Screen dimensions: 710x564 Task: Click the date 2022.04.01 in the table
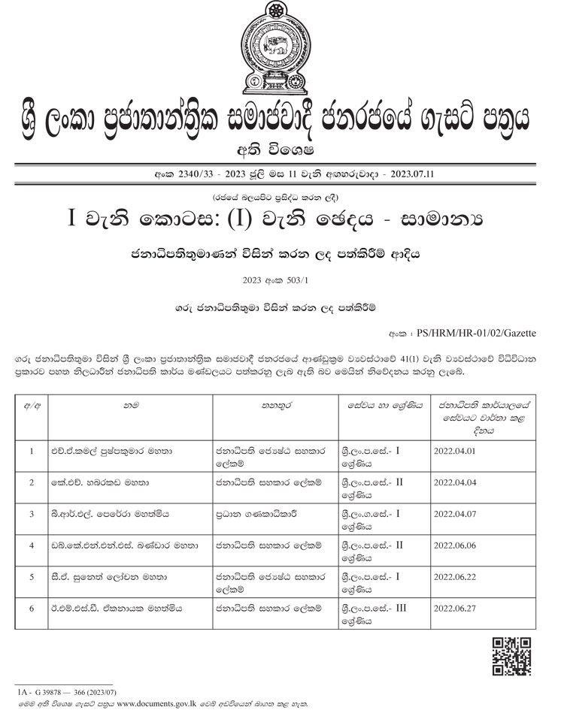pos(456,452)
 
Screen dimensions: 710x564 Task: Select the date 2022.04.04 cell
pos(456,482)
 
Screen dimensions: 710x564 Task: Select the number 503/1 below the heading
pos(292,279)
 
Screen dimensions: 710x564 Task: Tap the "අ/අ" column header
pos(32,404)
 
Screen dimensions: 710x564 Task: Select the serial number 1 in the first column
pos(32,452)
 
